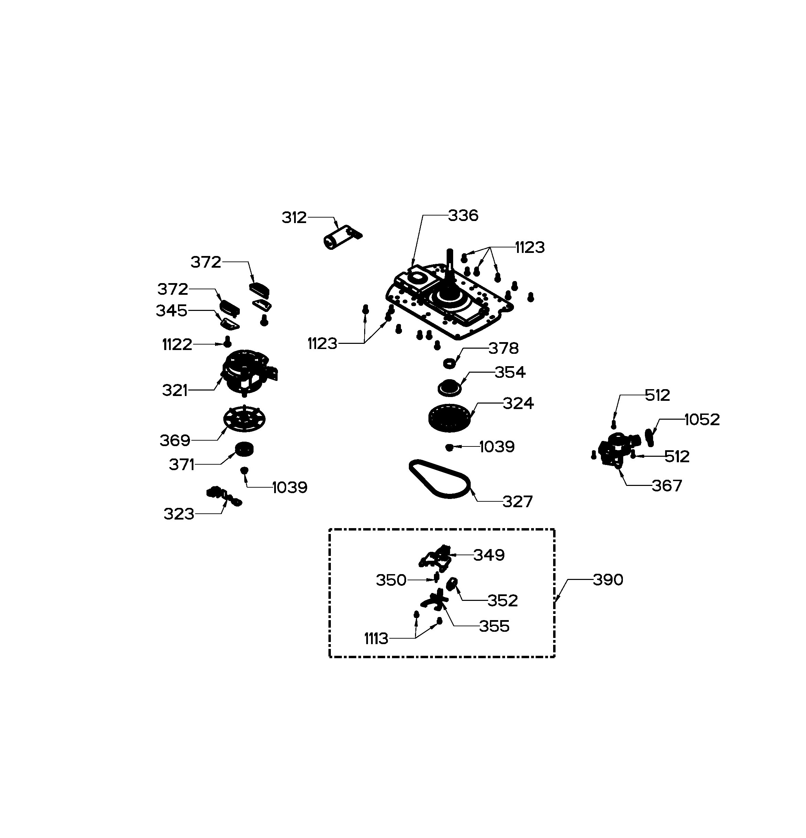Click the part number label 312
click(x=294, y=218)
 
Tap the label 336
click(x=463, y=216)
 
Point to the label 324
click(x=518, y=403)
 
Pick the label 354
click(x=510, y=372)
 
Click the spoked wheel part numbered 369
click(x=244, y=419)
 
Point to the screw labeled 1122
click(x=228, y=341)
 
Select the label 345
click(x=171, y=311)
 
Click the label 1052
click(x=702, y=419)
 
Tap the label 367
click(x=667, y=486)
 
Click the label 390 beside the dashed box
click(x=608, y=580)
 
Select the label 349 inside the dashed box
click(x=489, y=555)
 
